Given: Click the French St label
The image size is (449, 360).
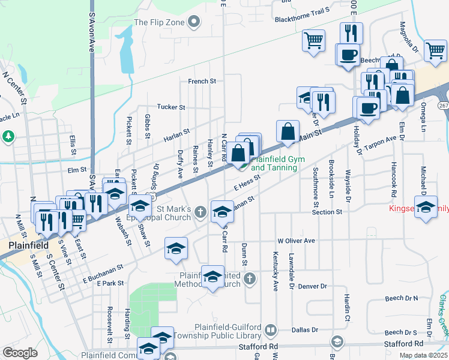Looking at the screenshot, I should (202, 81).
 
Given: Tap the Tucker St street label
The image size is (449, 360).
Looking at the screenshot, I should (171, 107).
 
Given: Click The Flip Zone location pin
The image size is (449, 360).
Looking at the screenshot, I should (193, 23).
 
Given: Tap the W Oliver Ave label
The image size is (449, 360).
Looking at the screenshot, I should (296, 241).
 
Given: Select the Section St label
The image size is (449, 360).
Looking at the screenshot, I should (327, 212).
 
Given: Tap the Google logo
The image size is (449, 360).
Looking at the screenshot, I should (20, 353).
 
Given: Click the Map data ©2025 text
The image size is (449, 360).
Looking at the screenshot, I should (423, 355).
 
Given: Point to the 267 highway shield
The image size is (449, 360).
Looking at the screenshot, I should (443, 105).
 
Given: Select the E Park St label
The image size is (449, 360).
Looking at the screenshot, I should (109, 283).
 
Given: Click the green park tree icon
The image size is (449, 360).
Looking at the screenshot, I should (8, 136).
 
